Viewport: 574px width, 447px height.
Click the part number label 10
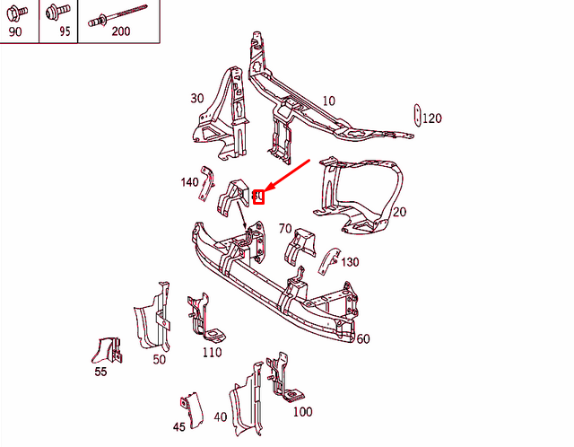click(x=328, y=101)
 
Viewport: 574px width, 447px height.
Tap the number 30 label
click(x=197, y=99)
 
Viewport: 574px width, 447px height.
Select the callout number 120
click(x=432, y=118)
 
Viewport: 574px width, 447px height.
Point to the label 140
click(x=189, y=182)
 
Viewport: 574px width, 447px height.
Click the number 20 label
click(x=399, y=212)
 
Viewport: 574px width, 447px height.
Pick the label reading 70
click(x=285, y=228)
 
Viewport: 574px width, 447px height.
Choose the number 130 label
click(x=349, y=262)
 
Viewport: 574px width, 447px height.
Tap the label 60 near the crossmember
click(x=362, y=338)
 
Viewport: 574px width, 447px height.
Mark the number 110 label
click(x=212, y=353)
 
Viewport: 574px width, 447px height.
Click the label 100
click(x=302, y=412)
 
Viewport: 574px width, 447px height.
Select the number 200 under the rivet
click(x=120, y=31)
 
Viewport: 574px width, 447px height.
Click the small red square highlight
click(x=259, y=197)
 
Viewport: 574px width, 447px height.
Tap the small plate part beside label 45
click(x=189, y=405)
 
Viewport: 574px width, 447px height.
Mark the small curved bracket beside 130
click(x=327, y=260)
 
